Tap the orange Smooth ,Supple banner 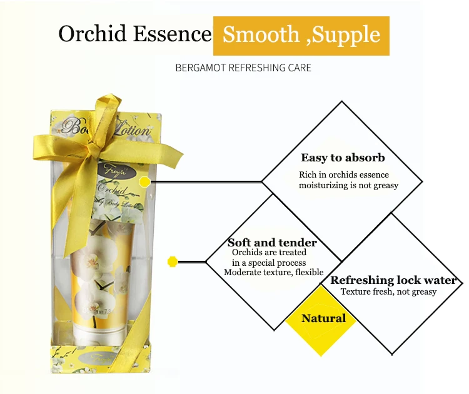(x=301, y=35)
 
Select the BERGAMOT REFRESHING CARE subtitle (x=243, y=68)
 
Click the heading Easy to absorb (x=343, y=158)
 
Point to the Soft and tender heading (x=272, y=243)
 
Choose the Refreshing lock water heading (x=393, y=280)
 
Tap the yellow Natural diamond (x=323, y=318)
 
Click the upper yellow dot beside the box (x=144, y=182)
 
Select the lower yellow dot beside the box (x=173, y=261)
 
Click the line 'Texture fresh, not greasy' (x=388, y=292)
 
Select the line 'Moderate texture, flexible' (x=273, y=272)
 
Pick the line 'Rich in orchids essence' (x=343, y=174)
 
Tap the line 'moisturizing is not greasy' (x=348, y=185)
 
